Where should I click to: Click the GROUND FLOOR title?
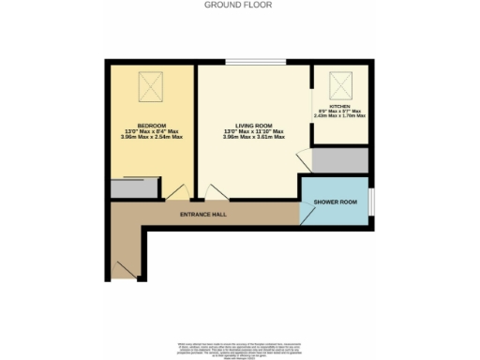pyautogui.click(x=239, y=5)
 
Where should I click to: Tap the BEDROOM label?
pyautogui.click(x=151, y=125)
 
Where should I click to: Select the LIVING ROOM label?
pyautogui.click(x=253, y=125)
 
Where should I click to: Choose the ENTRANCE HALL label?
pyautogui.click(x=203, y=215)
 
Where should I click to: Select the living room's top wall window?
pyautogui.click(x=253, y=63)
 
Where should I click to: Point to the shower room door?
pyautogui.click(x=306, y=213)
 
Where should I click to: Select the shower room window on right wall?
pyautogui.click(x=372, y=202)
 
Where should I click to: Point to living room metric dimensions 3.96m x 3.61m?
pyautogui.click(x=253, y=138)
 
